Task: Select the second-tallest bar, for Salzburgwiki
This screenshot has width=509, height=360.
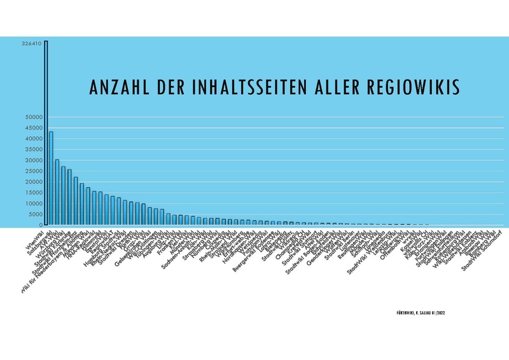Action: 51,178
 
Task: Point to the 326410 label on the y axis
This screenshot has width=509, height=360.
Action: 31,44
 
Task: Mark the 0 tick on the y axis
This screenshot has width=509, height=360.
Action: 39,225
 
